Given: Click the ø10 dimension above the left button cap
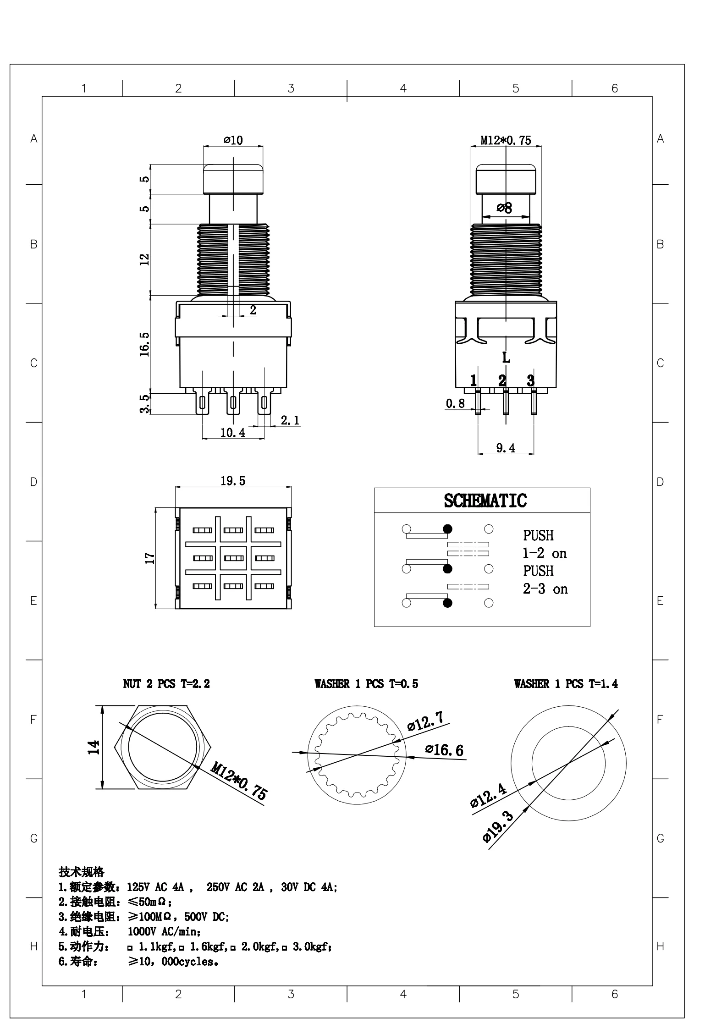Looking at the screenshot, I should [233, 140].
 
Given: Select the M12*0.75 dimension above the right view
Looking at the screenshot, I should [506, 140].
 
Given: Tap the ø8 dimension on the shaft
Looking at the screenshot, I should [504, 208].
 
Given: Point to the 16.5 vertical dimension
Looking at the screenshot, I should [145, 344].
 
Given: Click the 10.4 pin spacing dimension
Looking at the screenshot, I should [233, 432].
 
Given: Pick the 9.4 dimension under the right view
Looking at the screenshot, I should [506, 448].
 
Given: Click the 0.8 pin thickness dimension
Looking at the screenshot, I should [455, 403].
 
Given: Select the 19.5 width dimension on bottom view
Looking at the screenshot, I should [233, 481].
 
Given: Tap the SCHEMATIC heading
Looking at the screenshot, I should [485, 501].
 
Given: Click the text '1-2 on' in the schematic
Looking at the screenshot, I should [545, 554].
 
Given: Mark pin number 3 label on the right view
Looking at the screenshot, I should [530, 380].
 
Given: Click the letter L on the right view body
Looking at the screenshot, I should [506, 358].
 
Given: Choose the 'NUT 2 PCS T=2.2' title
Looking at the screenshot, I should [166, 684].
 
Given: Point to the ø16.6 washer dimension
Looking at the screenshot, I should [444, 750].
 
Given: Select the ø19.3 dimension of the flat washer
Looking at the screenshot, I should [498, 826].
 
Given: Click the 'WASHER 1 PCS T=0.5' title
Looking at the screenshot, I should [366, 684].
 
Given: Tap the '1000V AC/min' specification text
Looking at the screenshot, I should [164, 932].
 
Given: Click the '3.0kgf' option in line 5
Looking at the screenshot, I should [310, 946].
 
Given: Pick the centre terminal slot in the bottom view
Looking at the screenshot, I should [234, 558].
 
